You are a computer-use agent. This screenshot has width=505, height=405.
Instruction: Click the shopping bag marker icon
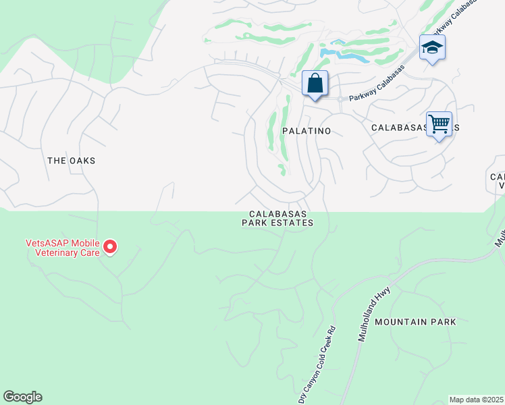click(x=315, y=84)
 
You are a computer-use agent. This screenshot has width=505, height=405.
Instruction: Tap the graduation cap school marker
click(x=432, y=48)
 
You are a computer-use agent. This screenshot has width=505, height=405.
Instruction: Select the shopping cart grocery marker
click(x=439, y=124)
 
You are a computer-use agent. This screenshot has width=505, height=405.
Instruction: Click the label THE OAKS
click(x=71, y=161)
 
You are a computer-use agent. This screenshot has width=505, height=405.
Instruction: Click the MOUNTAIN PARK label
click(x=415, y=322)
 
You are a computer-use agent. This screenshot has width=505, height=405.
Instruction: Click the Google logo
click(x=22, y=397)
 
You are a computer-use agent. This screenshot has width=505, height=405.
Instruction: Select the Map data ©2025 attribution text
click(x=476, y=400)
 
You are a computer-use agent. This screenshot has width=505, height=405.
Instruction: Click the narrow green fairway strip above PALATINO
click(x=286, y=128)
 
